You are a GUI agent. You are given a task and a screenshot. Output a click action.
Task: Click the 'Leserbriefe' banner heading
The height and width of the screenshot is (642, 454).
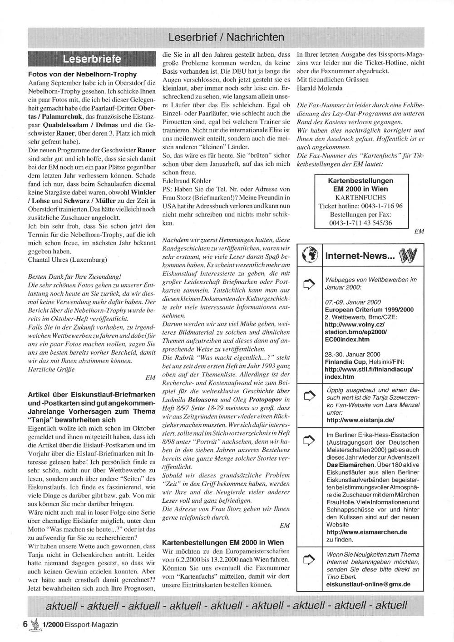pyautogui.click(x=92, y=59)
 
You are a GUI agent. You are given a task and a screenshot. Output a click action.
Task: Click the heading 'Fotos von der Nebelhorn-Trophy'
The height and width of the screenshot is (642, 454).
pyautogui.click(x=82, y=74)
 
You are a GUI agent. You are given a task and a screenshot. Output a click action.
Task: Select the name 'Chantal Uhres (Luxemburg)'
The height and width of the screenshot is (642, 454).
pyautogui.click(x=67, y=260)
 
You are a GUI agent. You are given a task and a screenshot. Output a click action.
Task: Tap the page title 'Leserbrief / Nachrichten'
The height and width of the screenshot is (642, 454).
pyautogui.click(x=226, y=37)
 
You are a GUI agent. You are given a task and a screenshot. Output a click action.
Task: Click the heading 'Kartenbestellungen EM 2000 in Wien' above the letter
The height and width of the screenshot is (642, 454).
pyautogui.click(x=223, y=542)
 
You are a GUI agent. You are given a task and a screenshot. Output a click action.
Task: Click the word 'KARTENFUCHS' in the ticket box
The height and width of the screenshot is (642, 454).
pyautogui.click(x=360, y=197)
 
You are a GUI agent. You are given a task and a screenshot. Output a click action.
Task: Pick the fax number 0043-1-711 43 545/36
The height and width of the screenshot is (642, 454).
pyautogui.click(x=360, y=223)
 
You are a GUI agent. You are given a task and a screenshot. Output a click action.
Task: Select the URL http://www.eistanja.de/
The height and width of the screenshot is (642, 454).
pyautogui.click(x=360, y=420)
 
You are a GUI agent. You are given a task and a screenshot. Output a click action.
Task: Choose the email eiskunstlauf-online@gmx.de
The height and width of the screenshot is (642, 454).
pyautogui.click(x=368, y=584)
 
